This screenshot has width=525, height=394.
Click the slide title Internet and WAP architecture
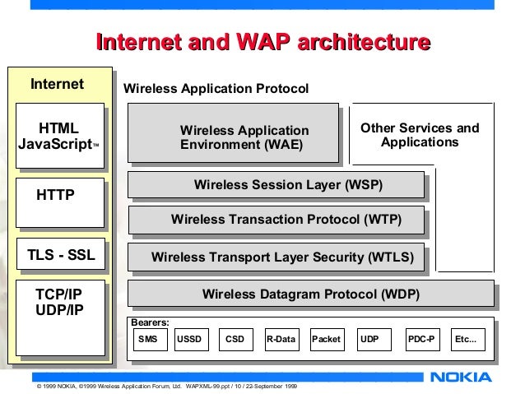tap(262, 43)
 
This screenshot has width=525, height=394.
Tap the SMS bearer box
tap(148, 339)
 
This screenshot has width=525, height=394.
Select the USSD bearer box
tap(189, 339)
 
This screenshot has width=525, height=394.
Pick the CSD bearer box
tap(235, 339)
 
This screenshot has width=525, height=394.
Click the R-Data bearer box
tap(281, 339)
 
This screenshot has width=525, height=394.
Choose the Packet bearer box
tap(326, 339)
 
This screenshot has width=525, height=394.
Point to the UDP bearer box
tap(371, 339)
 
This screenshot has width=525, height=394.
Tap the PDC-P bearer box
tap(423, 339)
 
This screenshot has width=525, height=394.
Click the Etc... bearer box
tap(466, 339)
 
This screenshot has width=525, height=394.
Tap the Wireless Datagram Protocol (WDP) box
tap(311, 294)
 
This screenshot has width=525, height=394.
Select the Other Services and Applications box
tap(420, 136)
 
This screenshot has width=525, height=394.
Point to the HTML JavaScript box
tap(59, 137)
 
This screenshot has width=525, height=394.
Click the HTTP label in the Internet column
tap(56, 196)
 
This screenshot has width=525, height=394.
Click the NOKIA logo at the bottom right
tap(461, 378)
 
